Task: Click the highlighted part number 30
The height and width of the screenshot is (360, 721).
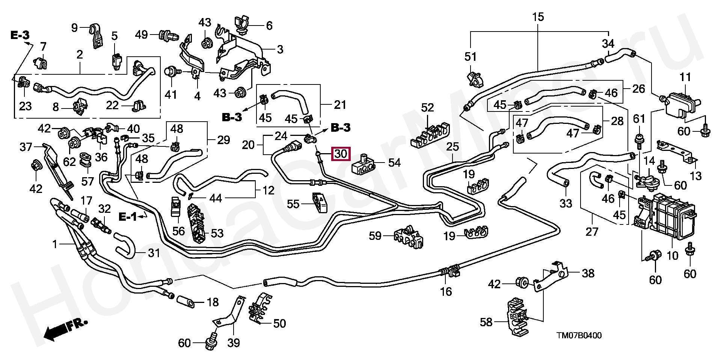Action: (341, 154)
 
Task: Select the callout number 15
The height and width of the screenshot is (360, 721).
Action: (538, 17)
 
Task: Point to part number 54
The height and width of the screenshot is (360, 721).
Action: (394, 163)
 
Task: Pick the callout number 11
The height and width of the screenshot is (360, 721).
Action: (685, 78)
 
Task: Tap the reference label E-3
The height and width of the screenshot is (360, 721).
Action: (20, 36)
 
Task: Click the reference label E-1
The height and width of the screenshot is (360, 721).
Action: (128, 217)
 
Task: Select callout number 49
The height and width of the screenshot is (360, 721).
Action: (142, 35)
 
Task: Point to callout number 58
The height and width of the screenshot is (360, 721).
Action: (486, 322)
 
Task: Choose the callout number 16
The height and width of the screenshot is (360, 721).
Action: (446, 291)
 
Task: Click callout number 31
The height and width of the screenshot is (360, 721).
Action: (154, 253)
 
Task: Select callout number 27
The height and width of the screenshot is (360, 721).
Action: (592, 232)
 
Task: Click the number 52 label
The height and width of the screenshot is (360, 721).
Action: (427, 108)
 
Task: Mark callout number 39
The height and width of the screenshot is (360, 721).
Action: (234, 343)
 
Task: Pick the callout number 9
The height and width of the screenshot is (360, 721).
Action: (74, 27)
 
